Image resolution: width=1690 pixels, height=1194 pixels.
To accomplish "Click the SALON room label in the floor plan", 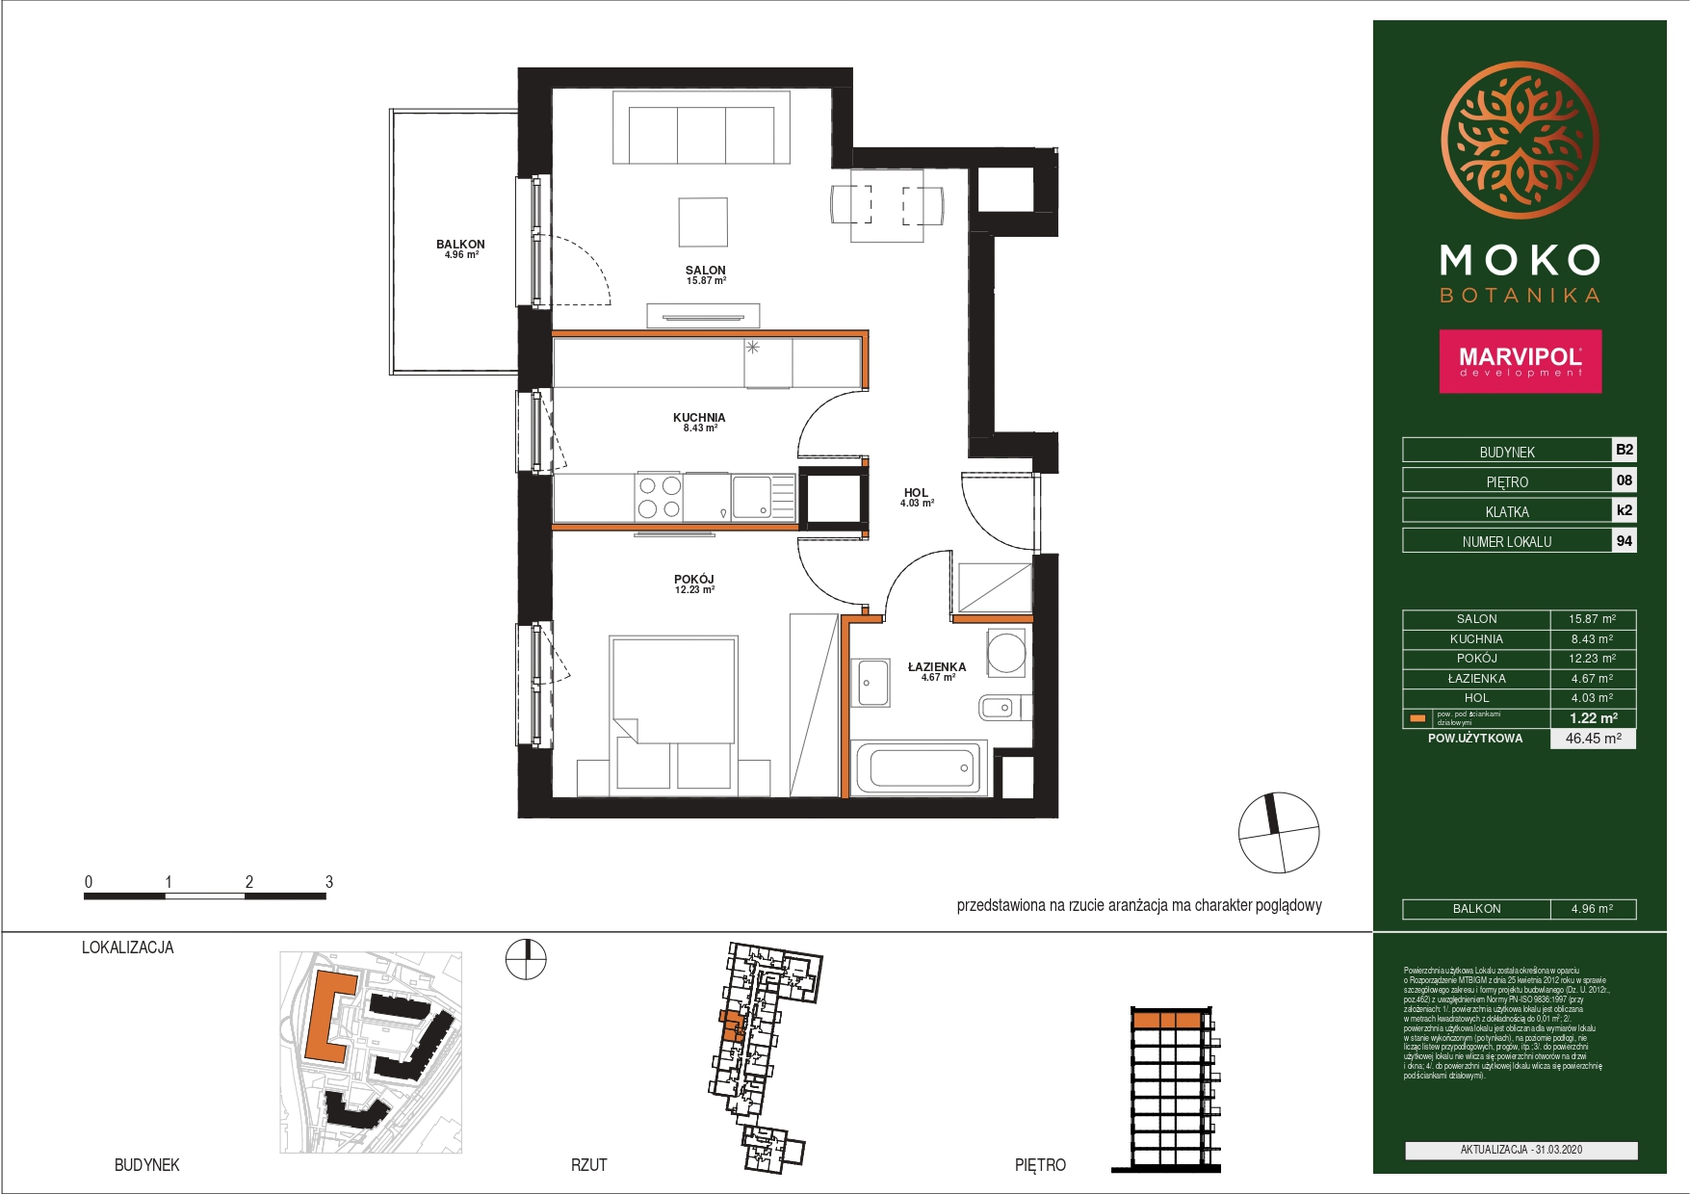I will pyautogui.click(x=705, y=272).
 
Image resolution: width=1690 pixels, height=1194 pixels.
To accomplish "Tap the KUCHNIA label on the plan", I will pyautogui.click(x=699, y=418).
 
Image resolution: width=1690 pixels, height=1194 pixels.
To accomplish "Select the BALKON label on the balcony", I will pyautogui.click(x=460, y=245).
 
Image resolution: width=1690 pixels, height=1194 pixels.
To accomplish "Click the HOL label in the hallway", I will pyautogui.click(x=916, y=493).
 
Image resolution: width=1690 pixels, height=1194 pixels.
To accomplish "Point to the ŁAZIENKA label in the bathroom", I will pyautogui.click(x=936, y=667).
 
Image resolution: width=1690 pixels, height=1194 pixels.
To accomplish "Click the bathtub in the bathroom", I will pyautogui.click(x=920, y=767).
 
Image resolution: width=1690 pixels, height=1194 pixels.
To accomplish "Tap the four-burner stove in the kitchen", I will pyautogui.click(x=660, y=498).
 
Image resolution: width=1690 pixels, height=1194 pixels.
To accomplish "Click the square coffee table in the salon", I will pyautogui.click(x=703, y=222).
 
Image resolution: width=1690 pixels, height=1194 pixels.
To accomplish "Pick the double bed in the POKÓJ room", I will pyautogui.click(x=673, y=713).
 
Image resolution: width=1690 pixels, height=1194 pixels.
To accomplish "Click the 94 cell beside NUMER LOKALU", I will pyautogui.click(x=1624, y=541).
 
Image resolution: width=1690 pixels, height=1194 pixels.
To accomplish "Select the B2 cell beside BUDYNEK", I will pyautogui.click(x=1624, y=450).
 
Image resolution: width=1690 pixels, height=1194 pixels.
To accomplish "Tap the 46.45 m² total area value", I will pyautogui.click(x=1593, y=739).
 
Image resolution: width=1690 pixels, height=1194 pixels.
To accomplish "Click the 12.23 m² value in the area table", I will pyautogui.click(x=1592, y=659).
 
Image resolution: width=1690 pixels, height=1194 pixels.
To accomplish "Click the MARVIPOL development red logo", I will pyautogui.click(x=1520, y=361).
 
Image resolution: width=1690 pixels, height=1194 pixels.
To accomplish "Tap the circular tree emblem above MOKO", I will pyautogui.click(x=1520, y=142).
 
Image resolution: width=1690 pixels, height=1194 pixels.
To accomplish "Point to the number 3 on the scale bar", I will pyautogui.click(x=329, y=882).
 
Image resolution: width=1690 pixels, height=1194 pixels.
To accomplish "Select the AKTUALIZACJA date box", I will pyautogui.click(x=1521, y=1150).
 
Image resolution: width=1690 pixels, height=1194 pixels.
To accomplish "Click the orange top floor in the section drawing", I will pyautogui.click(x=1166, y=1020).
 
